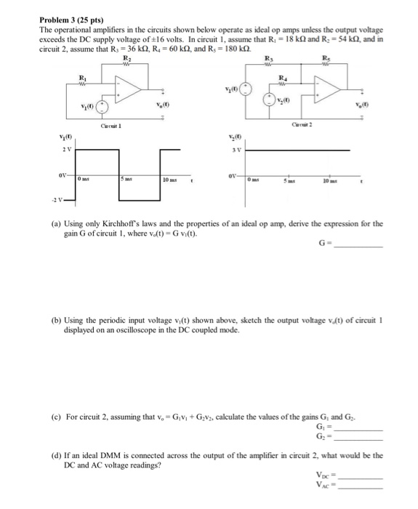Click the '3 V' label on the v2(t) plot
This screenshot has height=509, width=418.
coord(235,151)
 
